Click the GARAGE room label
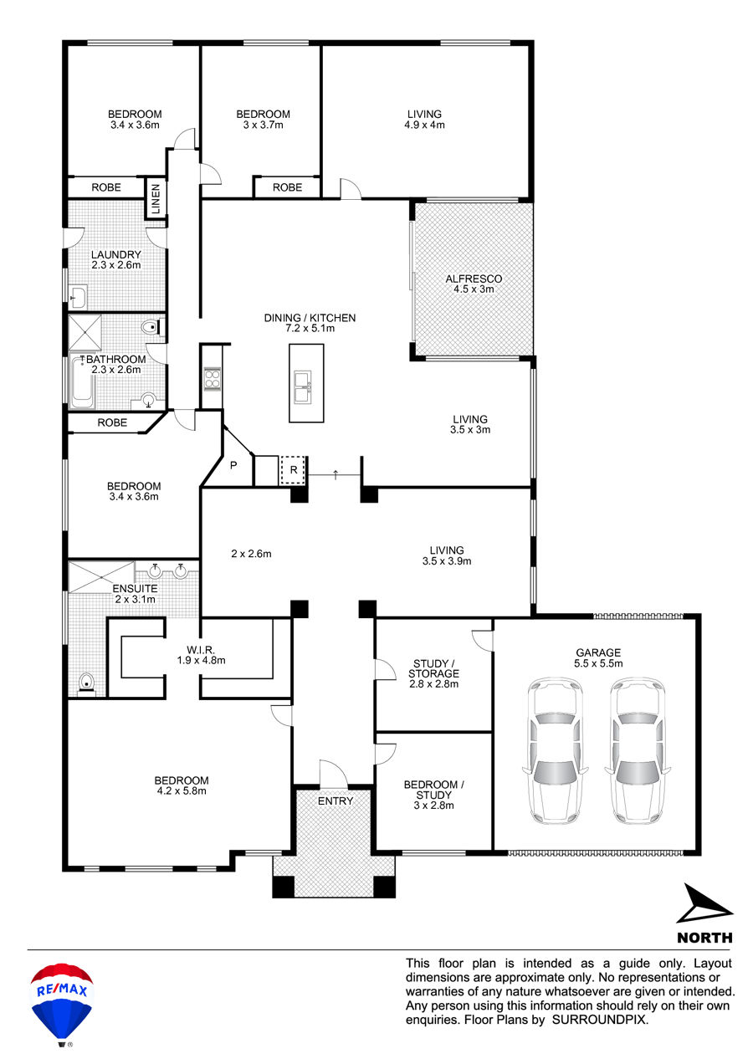597,652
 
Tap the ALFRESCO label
474,279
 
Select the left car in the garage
555,750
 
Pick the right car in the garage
637,750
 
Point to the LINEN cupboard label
156,198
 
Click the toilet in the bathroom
153,327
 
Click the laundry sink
78,297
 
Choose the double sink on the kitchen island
303,387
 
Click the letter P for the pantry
233,465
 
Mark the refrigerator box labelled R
293,470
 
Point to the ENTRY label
336,801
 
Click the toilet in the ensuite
86,683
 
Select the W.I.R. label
201,649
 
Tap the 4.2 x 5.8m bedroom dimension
182,790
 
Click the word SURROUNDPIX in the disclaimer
600,1020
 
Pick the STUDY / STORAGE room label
433,668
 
